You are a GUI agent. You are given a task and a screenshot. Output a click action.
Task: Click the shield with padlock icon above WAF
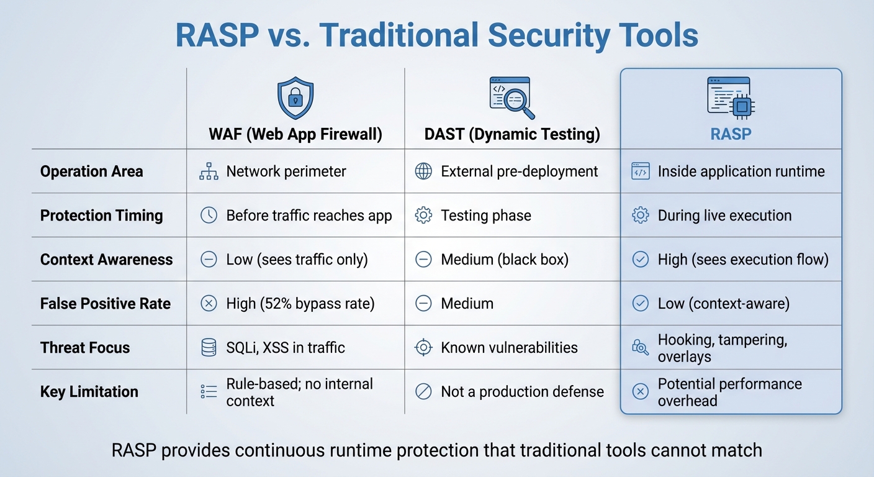[x=295, y=99]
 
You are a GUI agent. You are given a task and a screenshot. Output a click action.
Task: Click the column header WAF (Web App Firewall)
[x=295, y=134]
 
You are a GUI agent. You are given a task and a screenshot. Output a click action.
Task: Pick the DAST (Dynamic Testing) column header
[x=512, y=134]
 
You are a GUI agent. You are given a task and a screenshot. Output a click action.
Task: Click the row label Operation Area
[x=91, y=171]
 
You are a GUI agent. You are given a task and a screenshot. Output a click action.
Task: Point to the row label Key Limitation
[x=89, y=392]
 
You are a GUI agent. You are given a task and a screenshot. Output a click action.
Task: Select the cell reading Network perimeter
[x=286, y=171]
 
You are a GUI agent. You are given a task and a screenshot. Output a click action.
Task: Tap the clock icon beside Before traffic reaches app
[x=209, y=216]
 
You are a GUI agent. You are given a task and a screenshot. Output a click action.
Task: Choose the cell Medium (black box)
[x=505, y=260]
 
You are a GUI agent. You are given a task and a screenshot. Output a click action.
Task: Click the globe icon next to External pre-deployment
[x=423, y=171]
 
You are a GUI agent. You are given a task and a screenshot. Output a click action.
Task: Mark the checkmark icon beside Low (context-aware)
[x=640, y=304]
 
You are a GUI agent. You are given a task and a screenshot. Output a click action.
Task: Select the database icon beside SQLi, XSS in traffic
[x=209, y=348]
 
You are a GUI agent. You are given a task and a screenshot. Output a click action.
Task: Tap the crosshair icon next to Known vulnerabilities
[x=423, y=348]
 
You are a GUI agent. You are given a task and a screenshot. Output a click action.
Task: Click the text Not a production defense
[x=522, y=392]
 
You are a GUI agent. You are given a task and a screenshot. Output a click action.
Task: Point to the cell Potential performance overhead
[x=729, y=392]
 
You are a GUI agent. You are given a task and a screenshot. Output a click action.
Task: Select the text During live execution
[x=724, y=216]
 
